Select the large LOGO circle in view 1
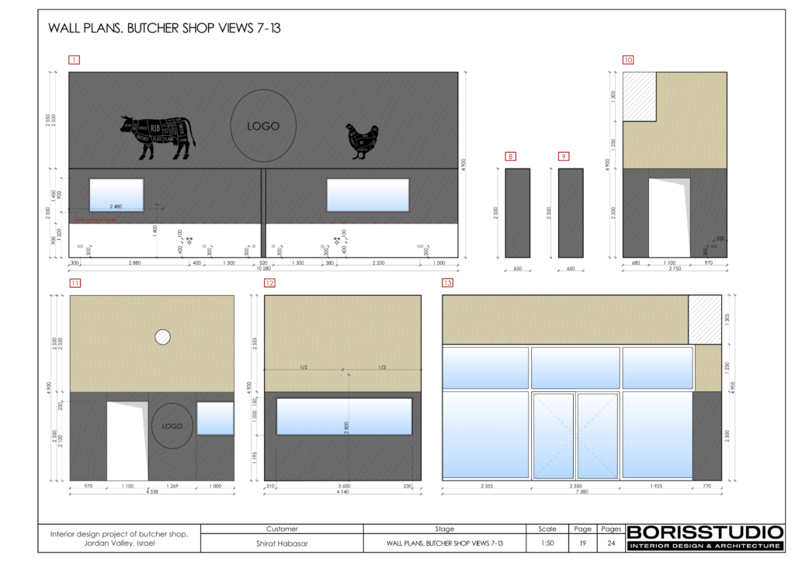tap(262, 126)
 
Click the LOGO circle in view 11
tap(172, 426)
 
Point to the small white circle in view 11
tap(163, 337)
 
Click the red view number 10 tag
tap(628, 60)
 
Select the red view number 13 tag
tap(447, 283)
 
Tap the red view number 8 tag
tap(510, 157)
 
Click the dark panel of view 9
tap(571, 213)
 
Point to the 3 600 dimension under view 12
tap(344, 486)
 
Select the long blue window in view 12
tap(344, 416)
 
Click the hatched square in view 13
tap(705, 319)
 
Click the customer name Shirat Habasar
tap(282, 543)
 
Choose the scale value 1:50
tap(547, 543)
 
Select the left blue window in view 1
tap(116, 195)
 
